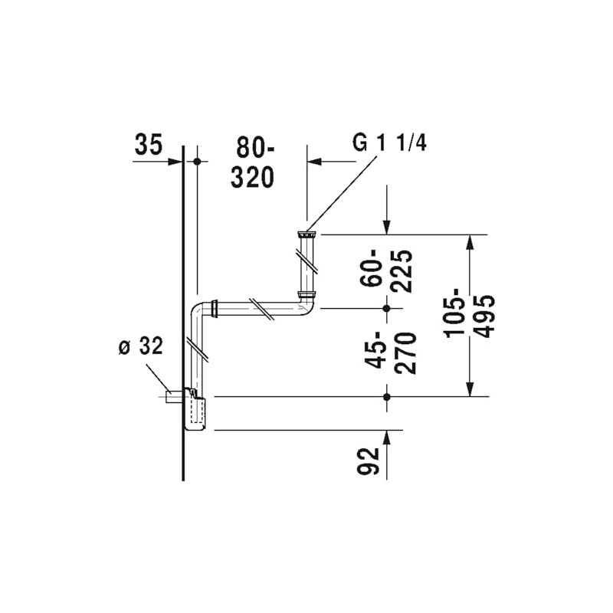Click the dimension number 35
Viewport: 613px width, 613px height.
(149, 145)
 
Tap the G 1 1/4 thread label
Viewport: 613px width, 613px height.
(388, 144)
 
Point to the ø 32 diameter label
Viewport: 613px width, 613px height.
(140, 347)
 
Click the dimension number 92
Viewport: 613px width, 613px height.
(371, 460)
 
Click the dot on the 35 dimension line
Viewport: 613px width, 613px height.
(197, 162)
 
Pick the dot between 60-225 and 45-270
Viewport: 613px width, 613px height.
(387, 308)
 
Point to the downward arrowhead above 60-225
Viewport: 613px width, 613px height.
(387, 227)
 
